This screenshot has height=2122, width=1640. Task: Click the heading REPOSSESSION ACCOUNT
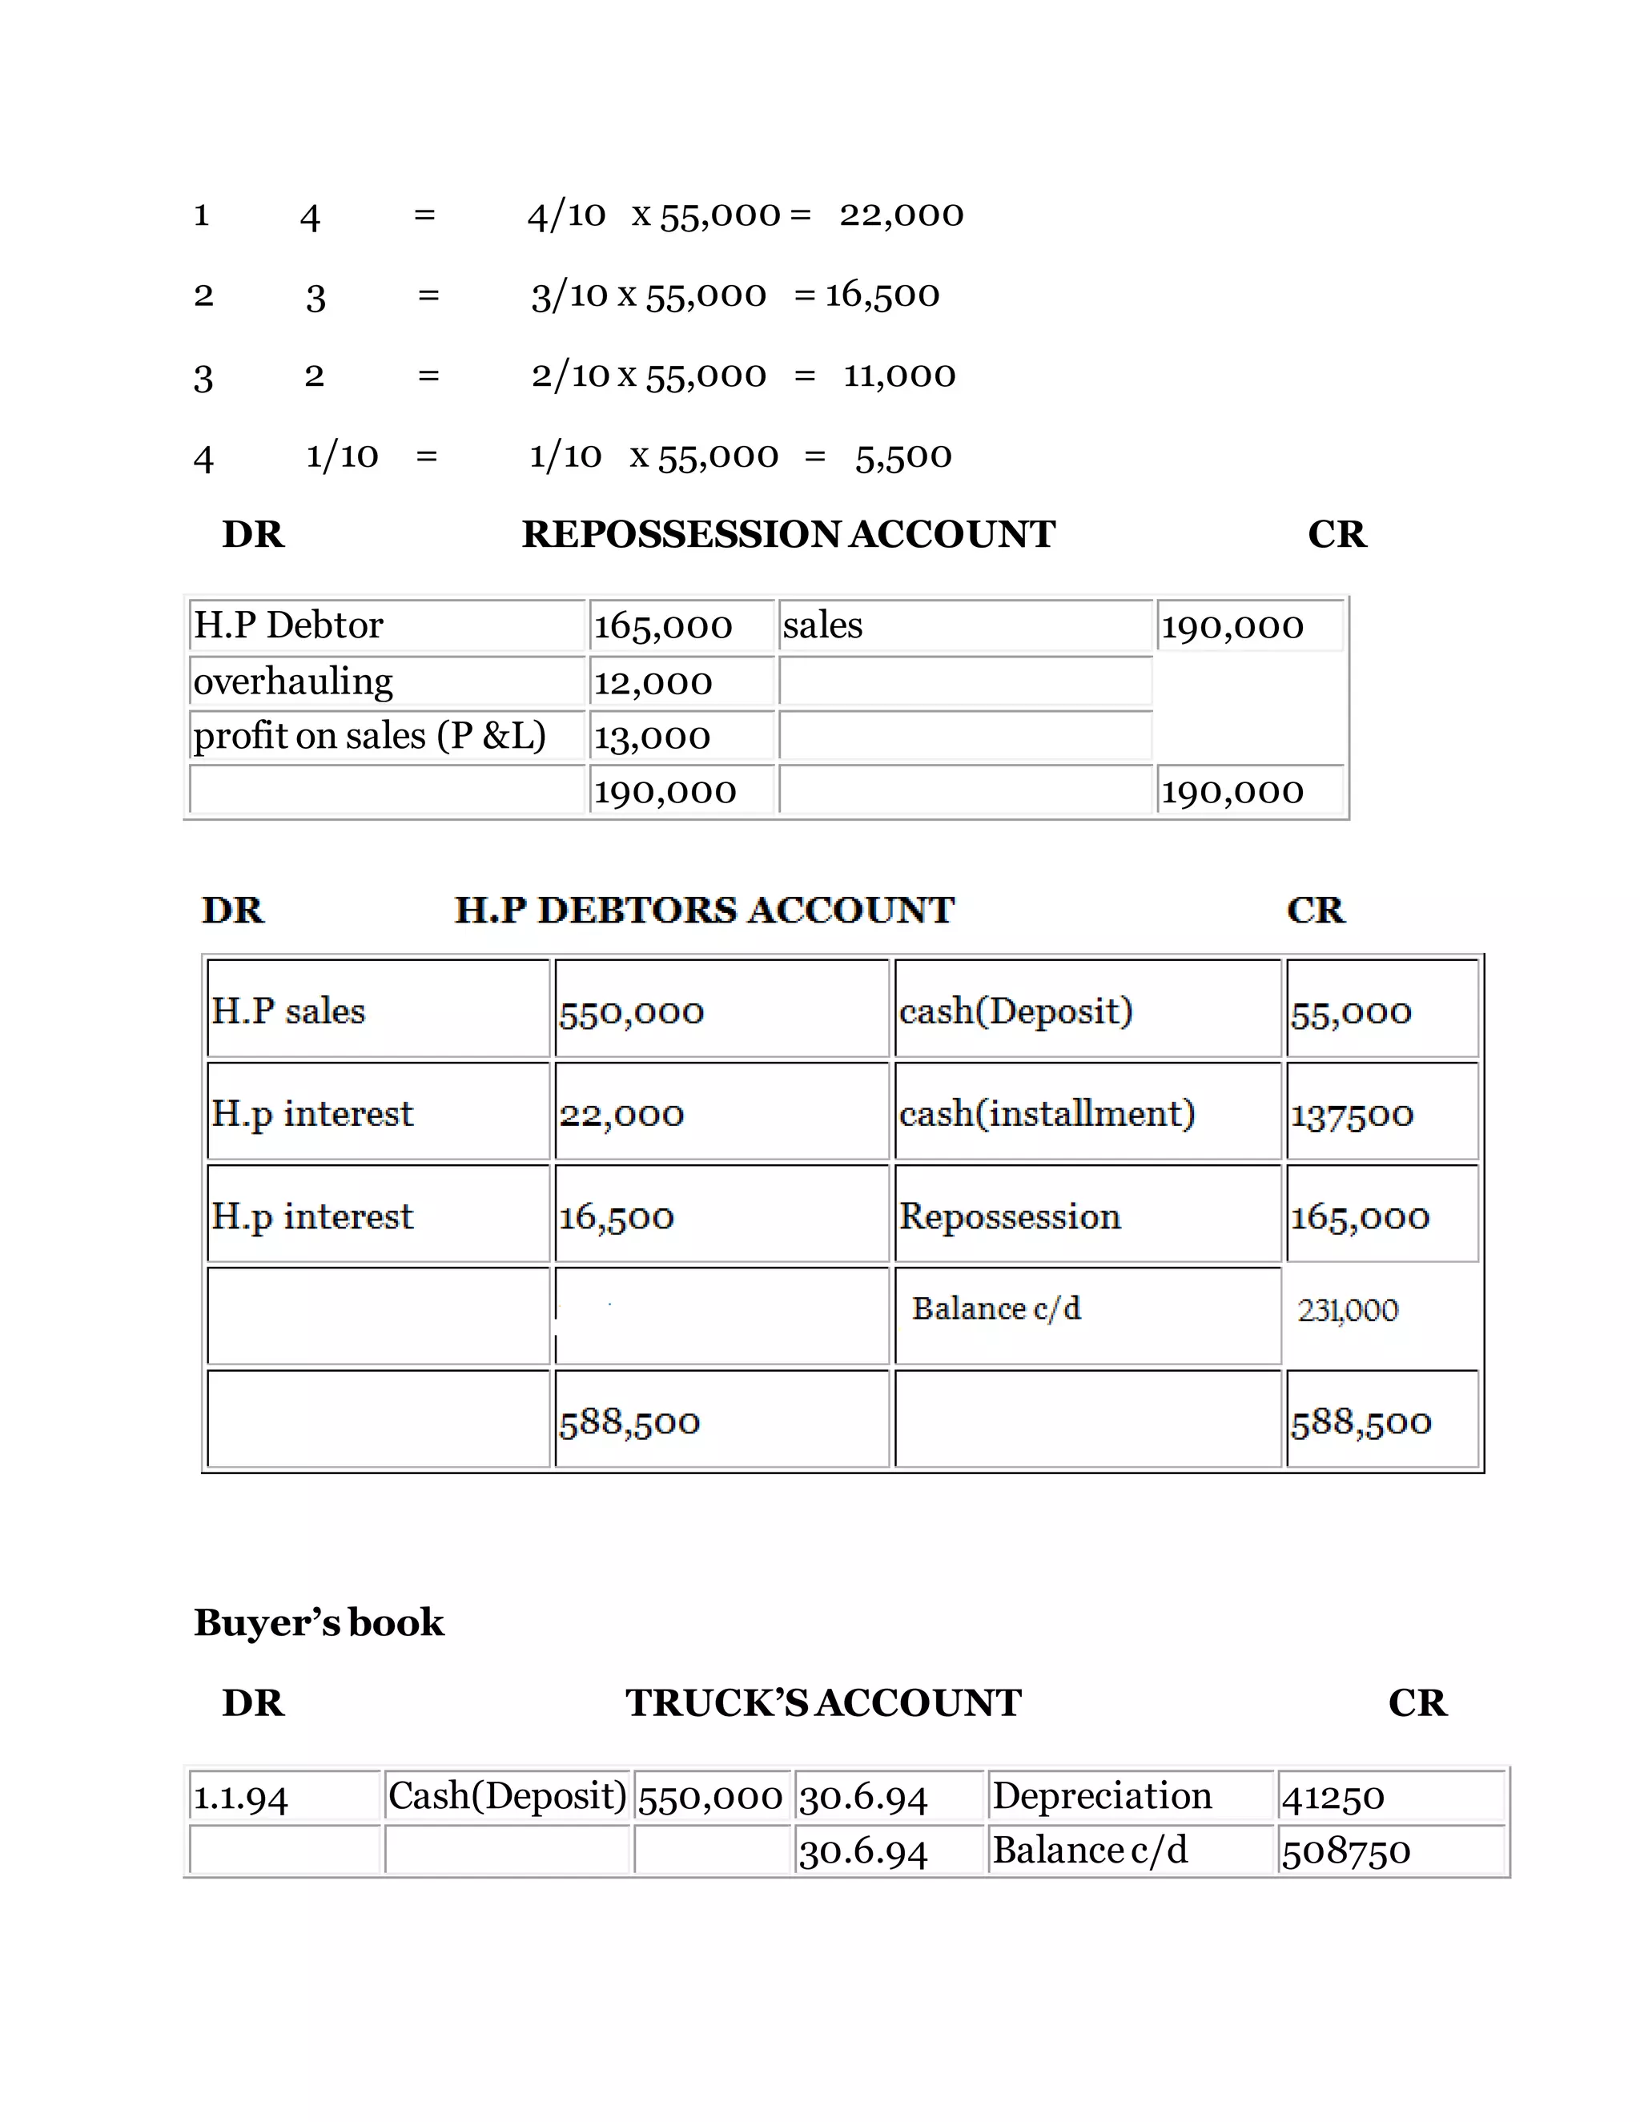(x=788, y=534)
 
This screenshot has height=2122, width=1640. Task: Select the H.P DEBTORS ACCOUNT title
(x=705, y=910)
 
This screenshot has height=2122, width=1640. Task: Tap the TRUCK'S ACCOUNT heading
(x=823, y=1703)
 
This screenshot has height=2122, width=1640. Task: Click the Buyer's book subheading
(x=319, y=1622)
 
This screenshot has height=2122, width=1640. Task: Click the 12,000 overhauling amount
(x=653, y=683)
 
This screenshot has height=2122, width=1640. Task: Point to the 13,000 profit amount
(x=652, y=737)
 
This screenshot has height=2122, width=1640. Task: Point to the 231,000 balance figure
(x=1348, y=1311)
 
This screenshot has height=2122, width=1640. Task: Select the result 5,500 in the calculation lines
(x=903, y=456)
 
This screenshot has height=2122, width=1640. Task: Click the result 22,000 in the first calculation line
(x=902, y=215)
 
